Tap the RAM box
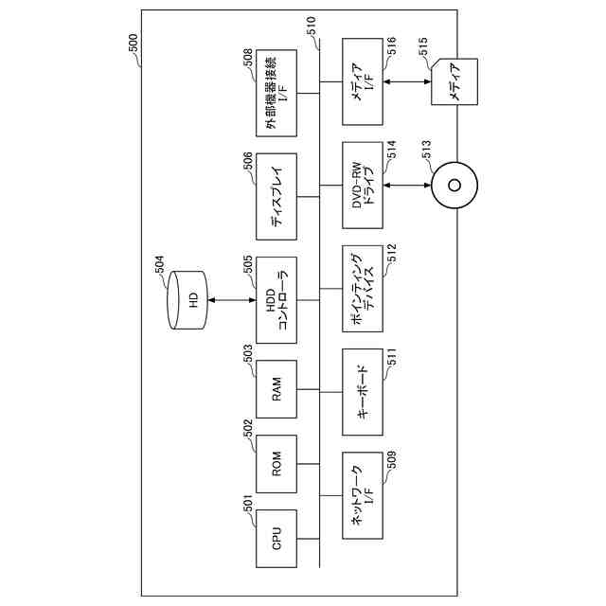tap(276, 389)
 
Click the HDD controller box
tap(276, 300)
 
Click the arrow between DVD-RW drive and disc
tap(407, 185)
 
